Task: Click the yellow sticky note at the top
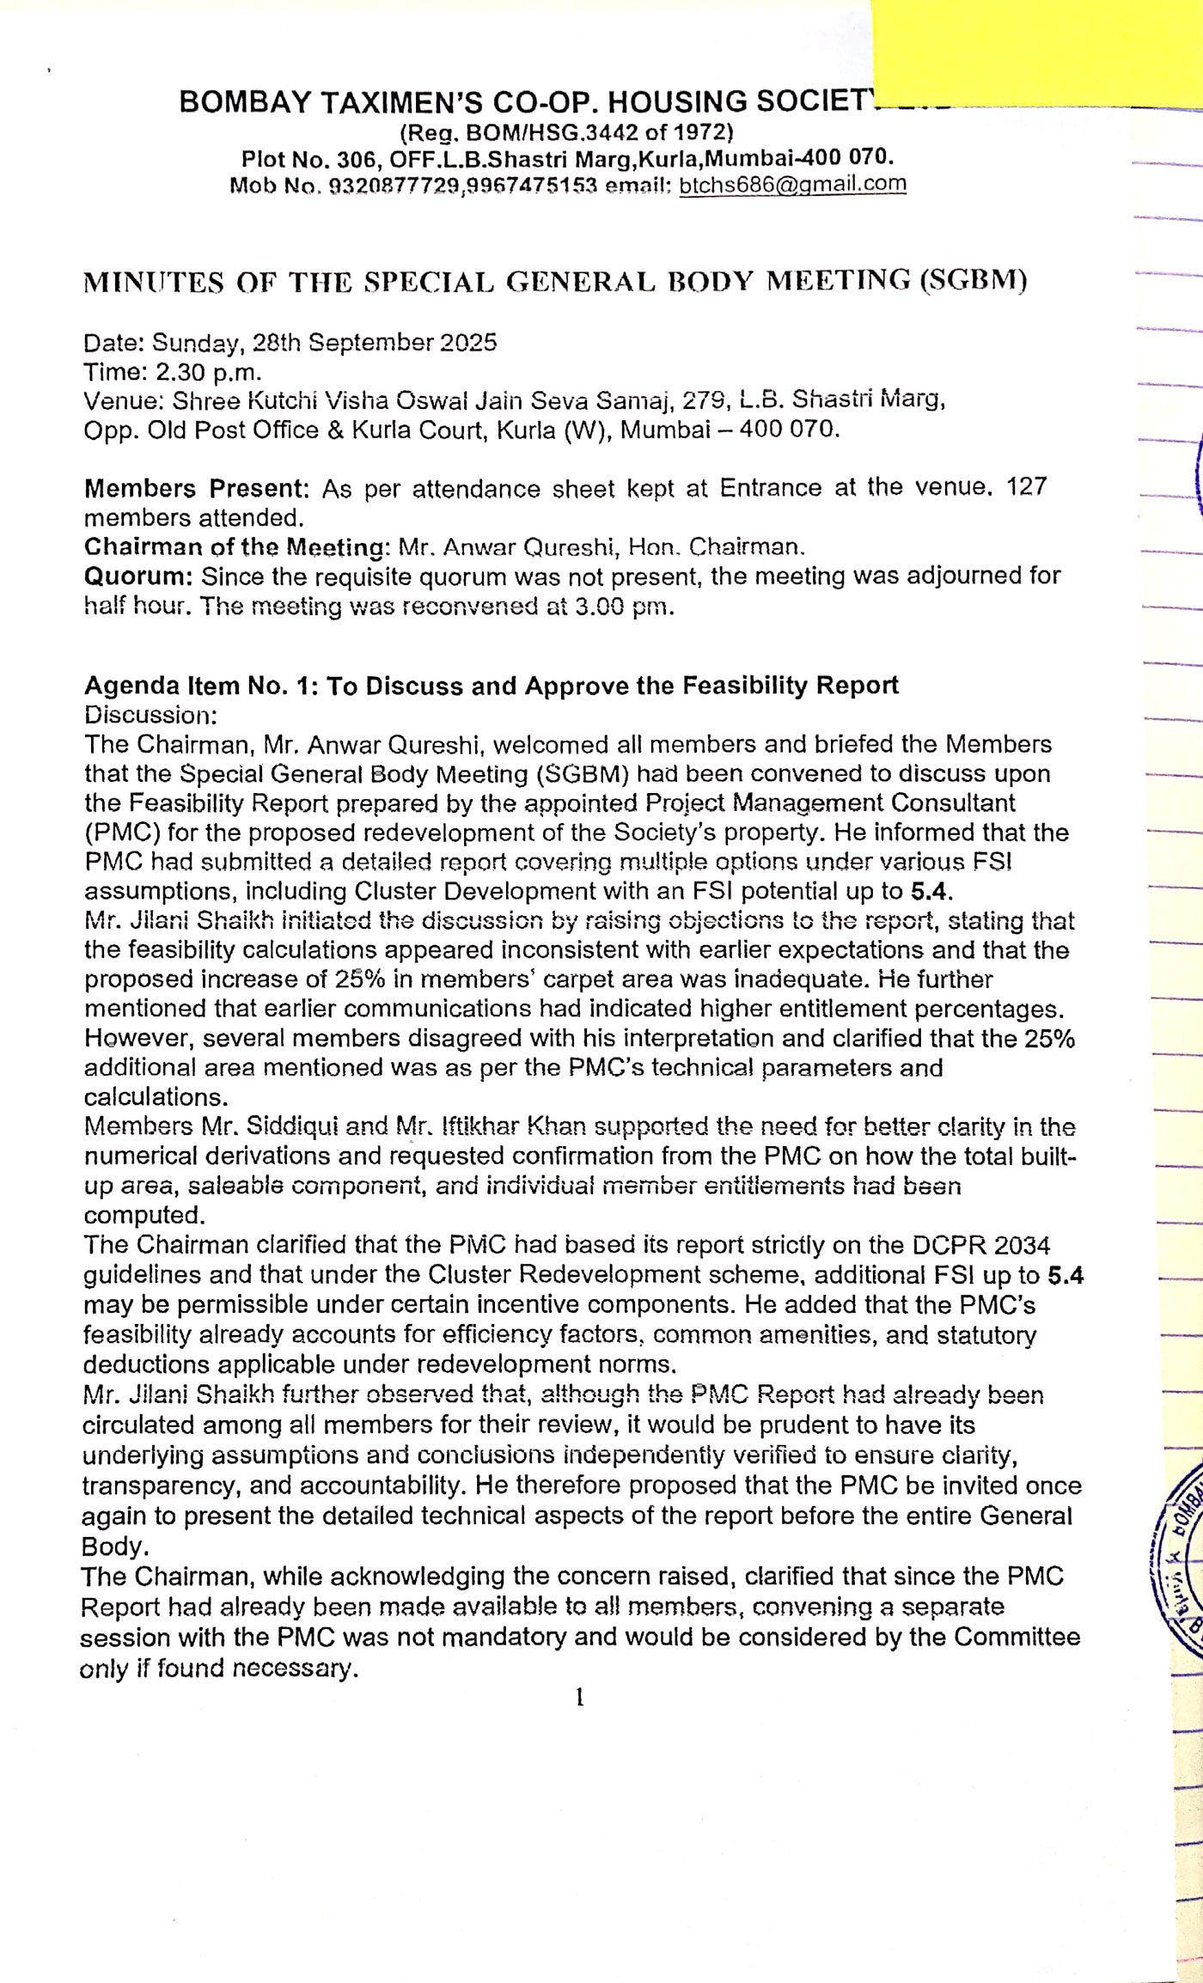coord(1035,53)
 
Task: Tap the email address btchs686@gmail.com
coord(792,184)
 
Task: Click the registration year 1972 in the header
coord(701,132)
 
